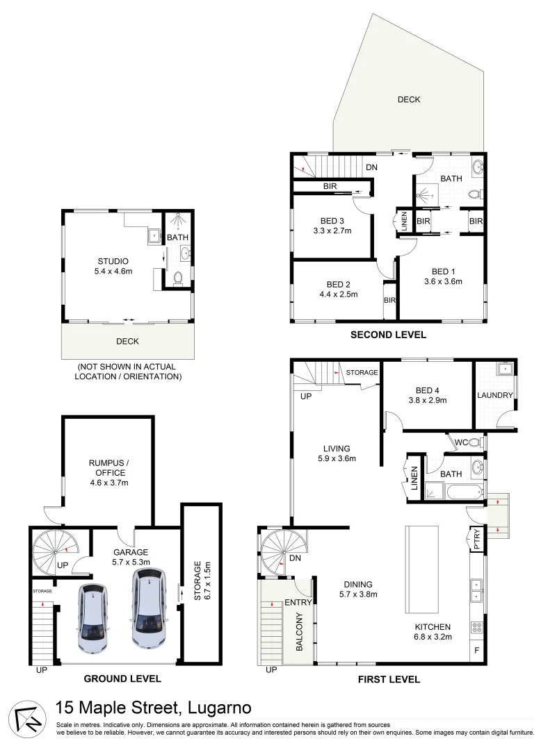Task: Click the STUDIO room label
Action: [113, 262]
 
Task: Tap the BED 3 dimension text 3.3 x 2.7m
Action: [332, 231]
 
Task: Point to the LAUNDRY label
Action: [494, 395]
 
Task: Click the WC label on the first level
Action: [460, 442]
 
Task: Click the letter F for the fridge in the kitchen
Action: [477, 651]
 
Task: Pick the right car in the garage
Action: [147, 609]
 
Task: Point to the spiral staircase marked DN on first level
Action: [282, 552]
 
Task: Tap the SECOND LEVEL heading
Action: [388, 335]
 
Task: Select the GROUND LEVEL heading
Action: [122, 678]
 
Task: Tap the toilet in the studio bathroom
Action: [177, 278]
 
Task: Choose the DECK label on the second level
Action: [409, 99]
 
